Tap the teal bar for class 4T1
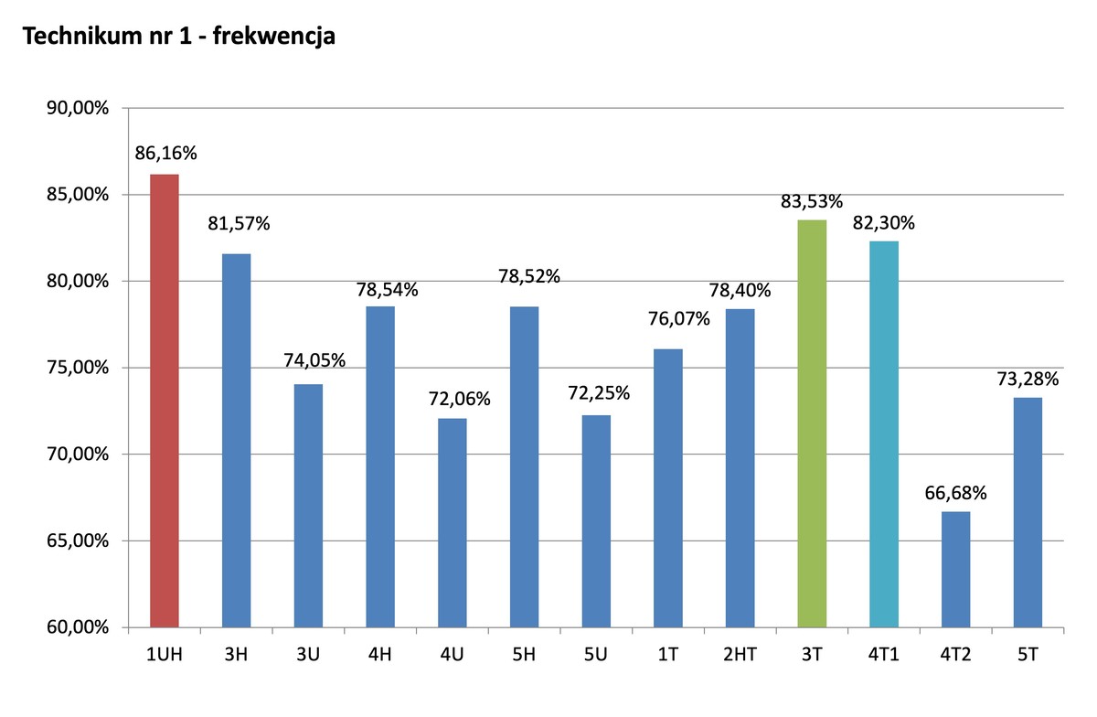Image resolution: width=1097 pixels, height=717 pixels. tap(884, 434)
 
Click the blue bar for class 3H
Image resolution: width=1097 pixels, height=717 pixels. tap(236, 440)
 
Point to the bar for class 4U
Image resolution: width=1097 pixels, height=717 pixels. tap(452, 522)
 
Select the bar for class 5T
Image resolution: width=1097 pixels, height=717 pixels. tap(1028, 512)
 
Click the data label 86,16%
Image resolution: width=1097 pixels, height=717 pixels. tap(165, 153)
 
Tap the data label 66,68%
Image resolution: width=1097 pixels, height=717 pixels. tap(956, 493)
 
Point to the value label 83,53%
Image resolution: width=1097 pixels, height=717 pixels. tap(812, 201)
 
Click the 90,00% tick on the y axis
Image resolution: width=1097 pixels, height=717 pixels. tap(78, 109)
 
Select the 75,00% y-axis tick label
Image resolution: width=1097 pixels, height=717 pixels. tap(78, 368)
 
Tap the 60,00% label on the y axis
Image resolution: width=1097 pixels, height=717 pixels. tap(78, 627)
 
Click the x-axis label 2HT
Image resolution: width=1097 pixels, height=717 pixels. tap(740, 655)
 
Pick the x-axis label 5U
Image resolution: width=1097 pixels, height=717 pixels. tap(596, 655)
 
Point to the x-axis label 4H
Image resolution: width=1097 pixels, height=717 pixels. tap(380, 655)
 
